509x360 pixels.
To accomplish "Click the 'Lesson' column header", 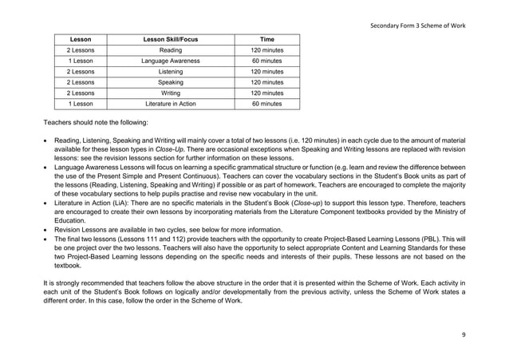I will click(x=81, y=39).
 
